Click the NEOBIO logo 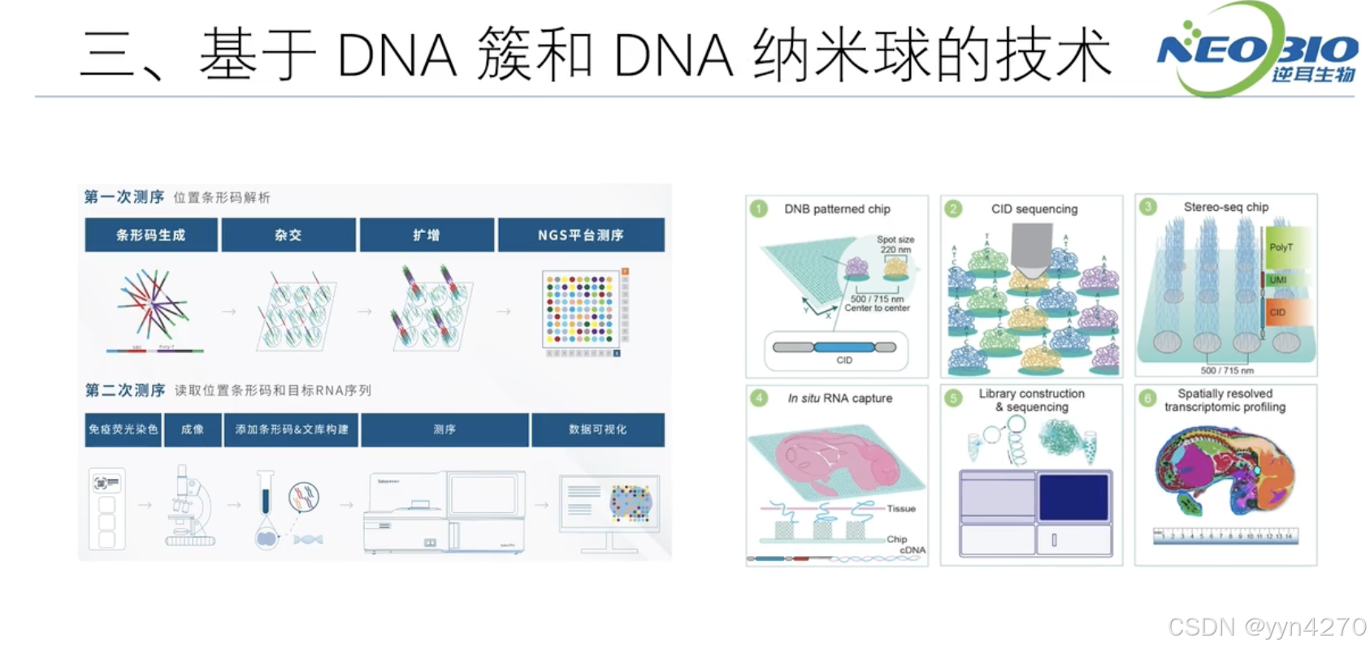click(1256, 50)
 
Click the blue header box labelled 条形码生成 click(151, 235)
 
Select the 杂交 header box click(288, 235)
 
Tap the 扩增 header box click(427, 235)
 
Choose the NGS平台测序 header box click(581, 235)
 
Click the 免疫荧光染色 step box click(123, 429)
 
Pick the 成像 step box click(193, 429)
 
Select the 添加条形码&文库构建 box click(292, 429)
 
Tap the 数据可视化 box click(597, 429)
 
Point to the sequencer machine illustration click(444, 511)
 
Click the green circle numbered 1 click(759, 209)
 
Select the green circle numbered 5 click(954, 398)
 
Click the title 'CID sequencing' click(1034, 209)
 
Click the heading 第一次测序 click(124, 197)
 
